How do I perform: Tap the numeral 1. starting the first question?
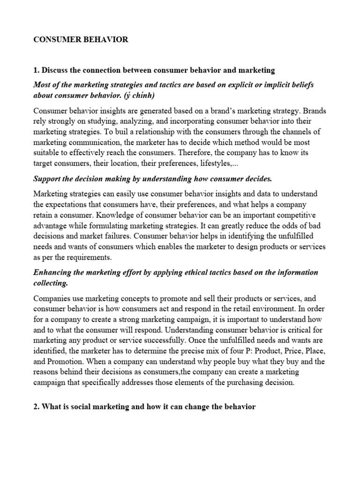(x=36, y=70)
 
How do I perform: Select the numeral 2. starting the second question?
(x=36, y=407)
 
